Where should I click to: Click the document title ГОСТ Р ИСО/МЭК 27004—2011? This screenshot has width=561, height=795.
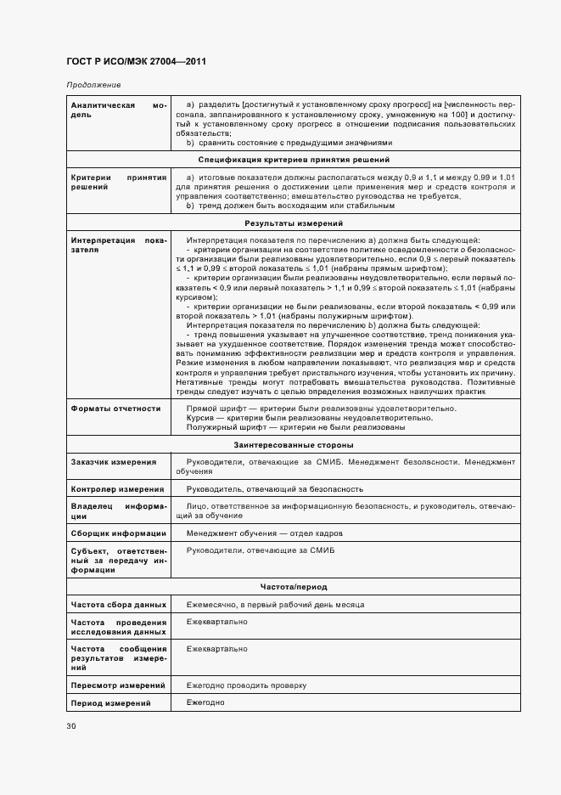pos(136,62)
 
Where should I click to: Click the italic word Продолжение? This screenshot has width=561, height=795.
pos(93,85)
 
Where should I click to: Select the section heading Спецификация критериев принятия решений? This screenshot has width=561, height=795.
pos(294,159)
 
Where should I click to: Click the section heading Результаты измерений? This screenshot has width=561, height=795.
pos(294,223)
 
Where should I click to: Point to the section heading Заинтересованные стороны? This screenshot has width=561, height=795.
pos(294,445)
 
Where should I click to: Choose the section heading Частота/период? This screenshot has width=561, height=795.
pos(294,587)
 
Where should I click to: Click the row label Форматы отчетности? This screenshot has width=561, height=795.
pos(116,409)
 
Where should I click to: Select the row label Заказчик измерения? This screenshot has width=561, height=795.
pos(114,462)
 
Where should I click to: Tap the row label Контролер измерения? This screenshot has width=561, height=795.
pos(117,489)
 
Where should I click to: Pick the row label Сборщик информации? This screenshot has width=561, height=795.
pos(118,533)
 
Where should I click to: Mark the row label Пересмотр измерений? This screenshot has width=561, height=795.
pos(118,685)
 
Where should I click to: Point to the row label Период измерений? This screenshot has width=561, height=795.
pos(110,703)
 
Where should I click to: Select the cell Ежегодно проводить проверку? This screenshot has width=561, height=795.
pos(246,685)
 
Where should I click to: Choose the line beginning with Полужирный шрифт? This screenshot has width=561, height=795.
pos(295,427)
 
